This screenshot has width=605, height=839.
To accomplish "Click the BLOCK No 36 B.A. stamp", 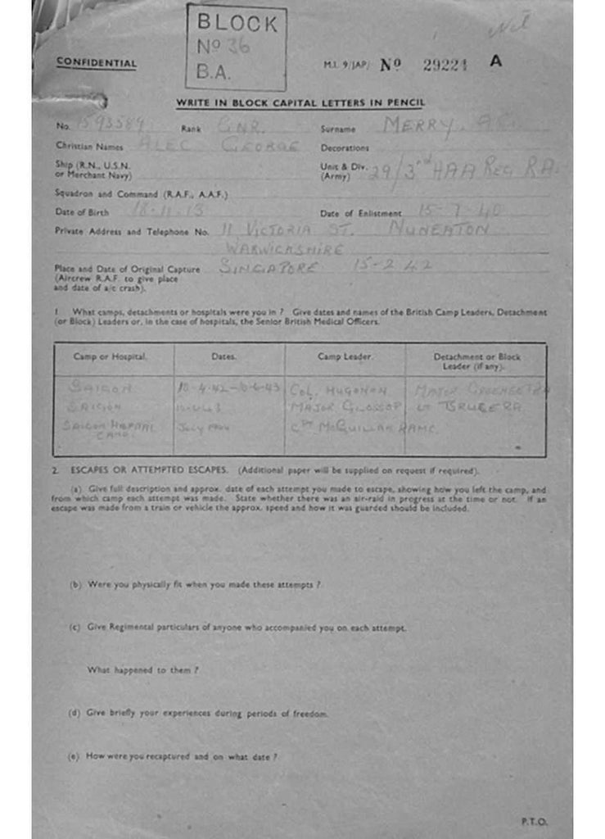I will (237, 47).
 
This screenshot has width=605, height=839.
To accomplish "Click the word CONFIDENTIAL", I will (97, 63).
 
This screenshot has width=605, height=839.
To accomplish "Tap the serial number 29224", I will (445, 66).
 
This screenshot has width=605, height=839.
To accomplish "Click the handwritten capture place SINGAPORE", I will (278, 267).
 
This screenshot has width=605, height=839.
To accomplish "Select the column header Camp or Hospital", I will (110, 357).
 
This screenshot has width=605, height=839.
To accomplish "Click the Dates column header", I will (223, 357).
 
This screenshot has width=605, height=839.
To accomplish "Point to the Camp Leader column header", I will (345, 357).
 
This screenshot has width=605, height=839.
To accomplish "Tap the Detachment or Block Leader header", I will (476, 361).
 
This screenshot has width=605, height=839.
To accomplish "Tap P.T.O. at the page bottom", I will (534, 821).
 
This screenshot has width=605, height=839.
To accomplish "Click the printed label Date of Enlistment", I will (361, 214).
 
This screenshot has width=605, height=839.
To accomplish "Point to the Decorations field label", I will (345, 148).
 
